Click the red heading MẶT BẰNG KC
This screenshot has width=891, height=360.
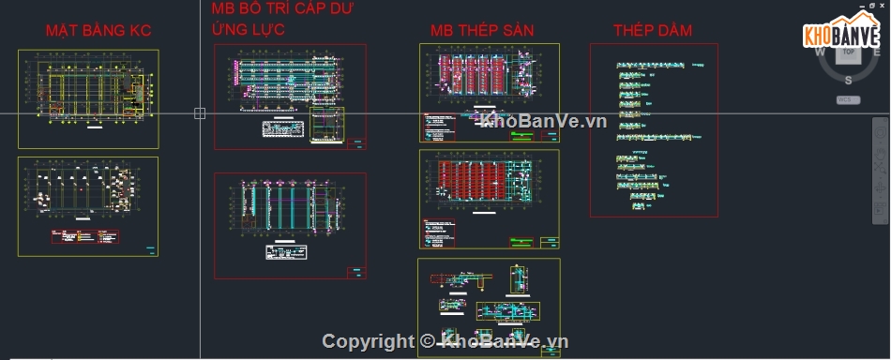98,31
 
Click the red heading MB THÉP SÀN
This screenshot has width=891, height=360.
482,31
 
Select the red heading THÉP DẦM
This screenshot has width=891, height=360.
653,31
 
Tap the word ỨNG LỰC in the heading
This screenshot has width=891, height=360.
249,30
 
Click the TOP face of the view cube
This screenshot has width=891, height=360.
848,53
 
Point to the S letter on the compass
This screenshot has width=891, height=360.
848,80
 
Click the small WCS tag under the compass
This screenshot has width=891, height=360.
846,99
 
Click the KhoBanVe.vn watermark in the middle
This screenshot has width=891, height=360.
544,121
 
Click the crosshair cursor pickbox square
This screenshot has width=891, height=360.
200,113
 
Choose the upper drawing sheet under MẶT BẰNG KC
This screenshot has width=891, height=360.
88,98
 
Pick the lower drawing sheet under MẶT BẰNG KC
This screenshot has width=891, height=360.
88,206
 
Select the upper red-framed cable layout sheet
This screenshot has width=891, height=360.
289,97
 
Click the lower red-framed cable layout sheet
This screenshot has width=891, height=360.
289,225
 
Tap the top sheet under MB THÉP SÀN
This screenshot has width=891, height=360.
489,93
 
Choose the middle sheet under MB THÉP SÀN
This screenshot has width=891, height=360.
489,199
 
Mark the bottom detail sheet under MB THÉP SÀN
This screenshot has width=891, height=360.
488,307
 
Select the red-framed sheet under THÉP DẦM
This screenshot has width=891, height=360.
653,130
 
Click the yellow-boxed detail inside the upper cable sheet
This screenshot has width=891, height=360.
326,125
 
